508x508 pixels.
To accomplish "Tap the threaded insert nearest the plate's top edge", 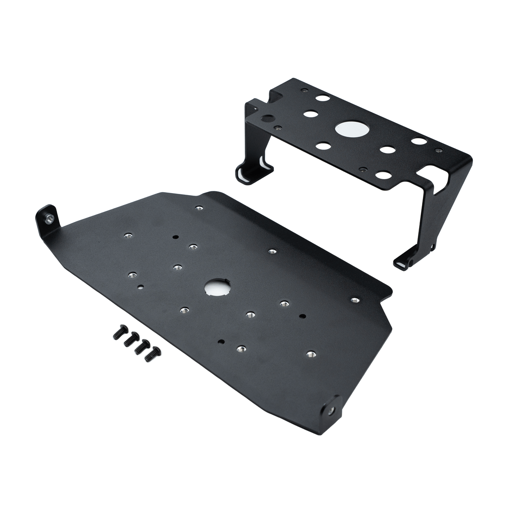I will tap(198, 208).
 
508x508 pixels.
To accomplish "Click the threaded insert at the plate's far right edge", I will tap(355, 300).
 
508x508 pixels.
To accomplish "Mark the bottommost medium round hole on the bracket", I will tap(384, 174).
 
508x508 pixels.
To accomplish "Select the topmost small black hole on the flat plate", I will tap(175, 237).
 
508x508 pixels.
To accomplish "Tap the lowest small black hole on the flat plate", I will tap(221, 341).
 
